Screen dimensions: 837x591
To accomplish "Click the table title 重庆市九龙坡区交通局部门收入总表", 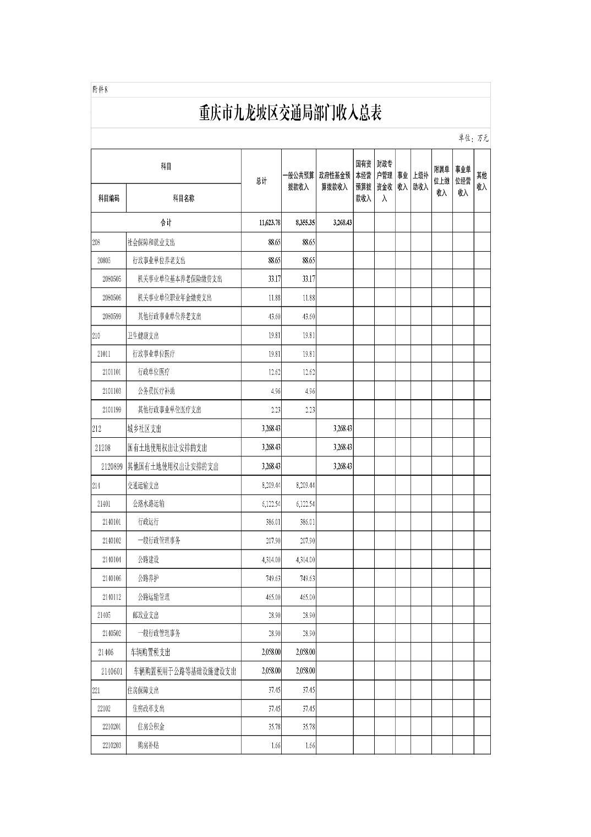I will pyautogui.click(x=290, y=113).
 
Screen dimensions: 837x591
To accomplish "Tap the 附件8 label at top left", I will pyautogui.click(x=100, y=90).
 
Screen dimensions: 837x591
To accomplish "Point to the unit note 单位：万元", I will pyautogui.click(x=473, y=138).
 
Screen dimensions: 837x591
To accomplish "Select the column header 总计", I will pyautogui.click(x=261, y=181).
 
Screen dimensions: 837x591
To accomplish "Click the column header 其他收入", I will pyautogui.click(x=481, y=181).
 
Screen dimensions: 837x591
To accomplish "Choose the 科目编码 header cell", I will pyautogui.click(x=108, y=198).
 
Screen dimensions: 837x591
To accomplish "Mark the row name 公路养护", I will pyautogui.click(x=148, y=578).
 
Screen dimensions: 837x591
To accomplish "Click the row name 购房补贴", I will pyautogui.click(x=148, y=746).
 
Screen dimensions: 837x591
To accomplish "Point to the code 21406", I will pyautogui.click(x=106, y=652).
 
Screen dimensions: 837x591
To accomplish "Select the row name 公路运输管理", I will pyautogui.click(x=154, y=597).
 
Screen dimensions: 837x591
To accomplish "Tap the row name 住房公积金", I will pyautogui.click(x=151, y=727).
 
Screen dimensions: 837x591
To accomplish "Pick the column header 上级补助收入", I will pyautogui.click(x=420, y=181).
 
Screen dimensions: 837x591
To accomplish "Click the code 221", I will pyautogui.click(x=96, y=690).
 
